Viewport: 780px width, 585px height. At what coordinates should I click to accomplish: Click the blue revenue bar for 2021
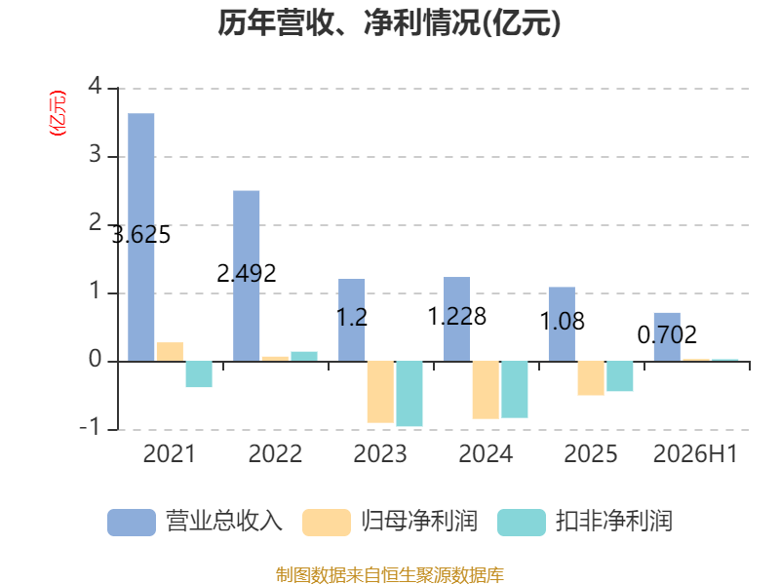click(141, 237)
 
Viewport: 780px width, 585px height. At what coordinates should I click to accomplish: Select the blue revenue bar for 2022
click(247, 276)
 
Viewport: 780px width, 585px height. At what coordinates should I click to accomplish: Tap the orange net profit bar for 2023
click(380, 392)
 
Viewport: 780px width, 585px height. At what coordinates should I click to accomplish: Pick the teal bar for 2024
click(515, 389)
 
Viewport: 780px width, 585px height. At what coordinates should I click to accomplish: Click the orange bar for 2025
click(591, 378)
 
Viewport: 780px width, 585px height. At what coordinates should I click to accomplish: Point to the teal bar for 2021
click(199, 374)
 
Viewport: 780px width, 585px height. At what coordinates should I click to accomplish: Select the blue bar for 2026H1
click(667, 337)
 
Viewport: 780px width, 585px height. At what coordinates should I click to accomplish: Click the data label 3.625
click(141, 235)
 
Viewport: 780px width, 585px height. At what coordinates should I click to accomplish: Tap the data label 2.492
click(247, 273)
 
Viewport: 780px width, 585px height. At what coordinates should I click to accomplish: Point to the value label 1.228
click(457, 316)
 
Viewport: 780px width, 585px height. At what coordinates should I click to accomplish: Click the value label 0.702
click(667, 334)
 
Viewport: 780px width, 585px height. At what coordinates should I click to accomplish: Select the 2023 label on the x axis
click(380, 453)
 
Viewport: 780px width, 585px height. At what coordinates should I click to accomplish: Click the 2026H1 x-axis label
click(695, 453)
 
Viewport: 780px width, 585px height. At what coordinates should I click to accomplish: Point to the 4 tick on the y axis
click(95, 86)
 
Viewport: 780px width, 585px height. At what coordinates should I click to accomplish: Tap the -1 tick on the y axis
click(90, 427)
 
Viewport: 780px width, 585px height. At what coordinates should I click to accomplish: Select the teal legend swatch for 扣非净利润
click(522, 523)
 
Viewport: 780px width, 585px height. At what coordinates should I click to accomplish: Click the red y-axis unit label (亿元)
click(58, 113)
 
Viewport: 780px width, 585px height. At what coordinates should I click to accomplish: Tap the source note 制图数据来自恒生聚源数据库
click(390, 575)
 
